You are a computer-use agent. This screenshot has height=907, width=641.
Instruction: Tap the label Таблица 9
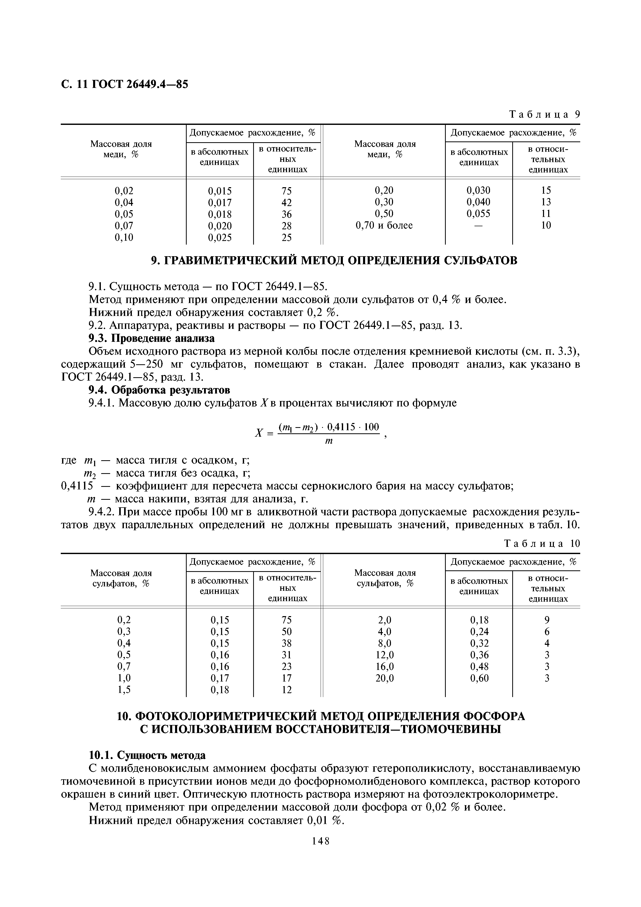coord(544,115)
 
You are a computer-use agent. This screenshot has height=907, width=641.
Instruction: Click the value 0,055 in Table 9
coord(478,214)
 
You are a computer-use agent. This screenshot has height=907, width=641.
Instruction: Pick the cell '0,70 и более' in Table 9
coord(384,225)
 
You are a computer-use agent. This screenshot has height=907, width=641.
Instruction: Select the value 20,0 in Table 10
coord(384,678)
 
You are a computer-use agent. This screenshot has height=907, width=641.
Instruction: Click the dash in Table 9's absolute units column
coord(478,225)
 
